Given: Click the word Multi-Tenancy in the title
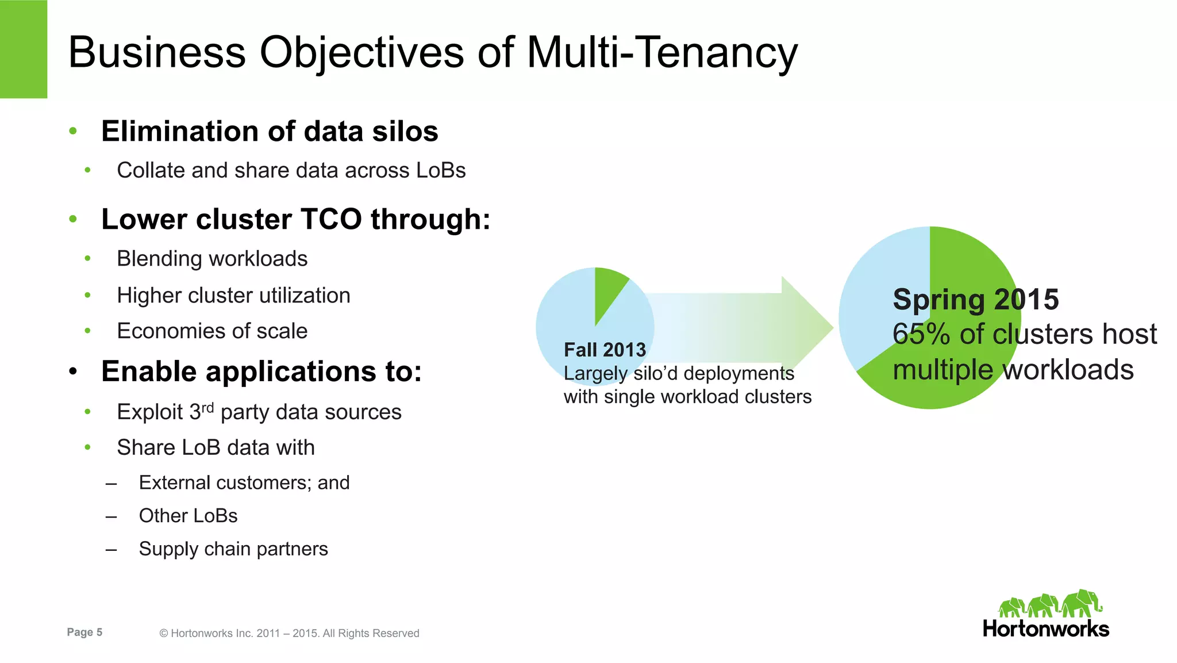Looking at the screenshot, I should [662, 52].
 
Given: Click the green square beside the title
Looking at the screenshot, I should [23, 49].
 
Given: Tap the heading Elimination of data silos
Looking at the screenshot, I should [270, 131].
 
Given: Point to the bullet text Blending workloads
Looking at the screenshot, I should [212, 259].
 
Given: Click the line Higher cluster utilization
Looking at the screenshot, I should [233, 296].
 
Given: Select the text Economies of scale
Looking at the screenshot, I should [212, 331].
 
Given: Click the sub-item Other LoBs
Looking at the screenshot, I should [188, 516].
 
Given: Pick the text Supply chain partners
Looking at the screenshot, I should [233, 549].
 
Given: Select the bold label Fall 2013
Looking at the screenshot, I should [605, 350].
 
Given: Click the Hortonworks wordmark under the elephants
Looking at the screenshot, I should [1045, 629].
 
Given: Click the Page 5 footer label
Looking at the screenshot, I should [84, 632].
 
